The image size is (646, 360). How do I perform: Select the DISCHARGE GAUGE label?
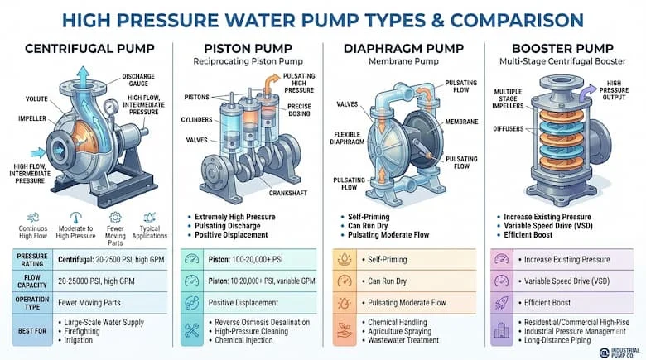137,80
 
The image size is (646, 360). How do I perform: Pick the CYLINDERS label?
196,120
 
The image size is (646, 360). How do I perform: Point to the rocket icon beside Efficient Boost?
500,304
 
